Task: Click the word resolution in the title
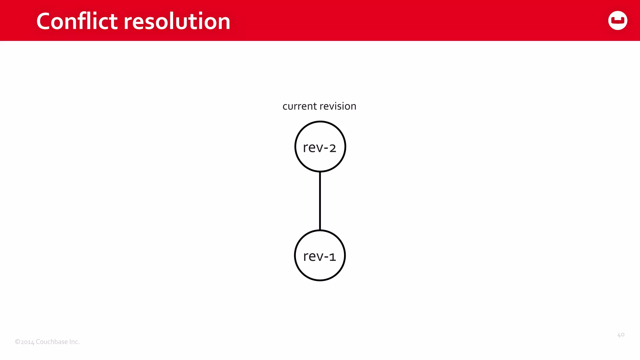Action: [177, 21]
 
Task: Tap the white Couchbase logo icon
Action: [617, 21]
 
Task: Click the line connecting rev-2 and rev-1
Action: [320, 201]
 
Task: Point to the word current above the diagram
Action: [299, 106]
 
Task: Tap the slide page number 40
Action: [621, 335]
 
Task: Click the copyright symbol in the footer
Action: [17, 342]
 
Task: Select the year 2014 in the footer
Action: [27, 342]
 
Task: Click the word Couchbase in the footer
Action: [52, 342]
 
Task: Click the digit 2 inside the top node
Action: [332, 148]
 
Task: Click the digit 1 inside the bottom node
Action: [332, 257]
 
